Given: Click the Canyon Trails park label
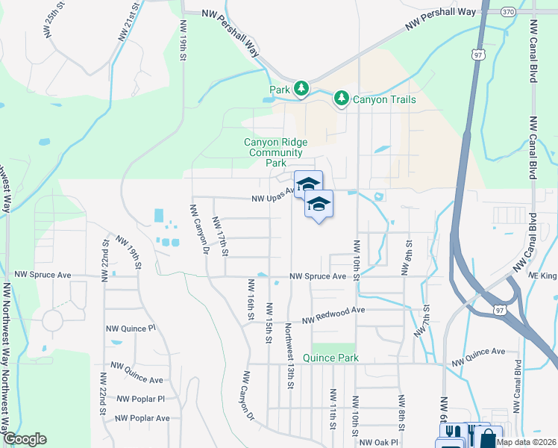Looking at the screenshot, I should (x=383, y=99).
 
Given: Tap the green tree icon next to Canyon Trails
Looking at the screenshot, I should (x=342, y=98).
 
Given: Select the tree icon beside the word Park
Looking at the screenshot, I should (x=301, y=90).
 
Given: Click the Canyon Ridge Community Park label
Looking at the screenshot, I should (x=276, y=152).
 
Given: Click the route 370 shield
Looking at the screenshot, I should (x=508, y=12).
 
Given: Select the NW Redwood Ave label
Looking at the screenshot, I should (x=333, y=315).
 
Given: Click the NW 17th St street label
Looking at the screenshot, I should (x=220, y=235).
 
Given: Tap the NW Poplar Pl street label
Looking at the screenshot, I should (x=140, y=399).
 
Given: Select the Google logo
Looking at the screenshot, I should (x=25, y=439).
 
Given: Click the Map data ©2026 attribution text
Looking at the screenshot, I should (x=527, y=443).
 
